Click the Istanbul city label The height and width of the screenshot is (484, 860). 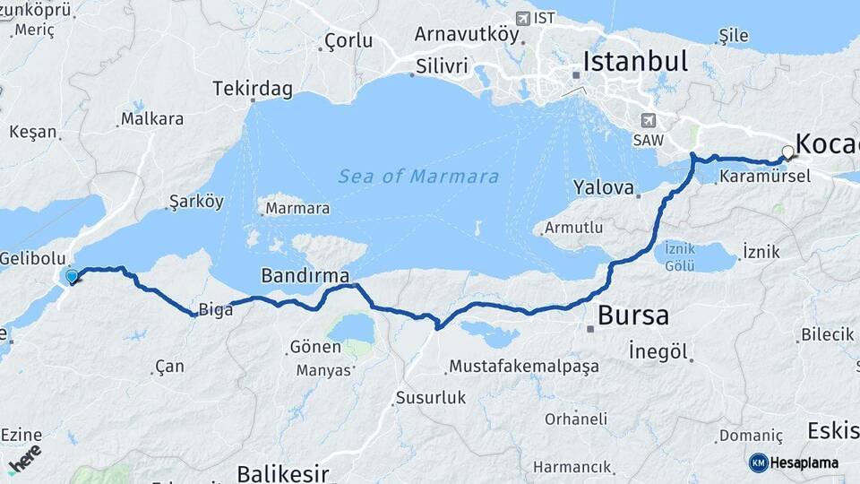coord(635,61)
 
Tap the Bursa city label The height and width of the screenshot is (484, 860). coord(632,315)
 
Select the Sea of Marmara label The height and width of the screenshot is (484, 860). coord(418,177)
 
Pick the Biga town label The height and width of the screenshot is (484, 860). coord(215,310)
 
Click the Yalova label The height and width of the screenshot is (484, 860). coord(604,188)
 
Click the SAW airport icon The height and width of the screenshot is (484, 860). coord(649,120)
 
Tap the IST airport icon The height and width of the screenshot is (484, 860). coord(523,18)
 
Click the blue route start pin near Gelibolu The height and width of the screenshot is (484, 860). coord(72,276)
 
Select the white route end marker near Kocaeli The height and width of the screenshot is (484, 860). coord(787,151)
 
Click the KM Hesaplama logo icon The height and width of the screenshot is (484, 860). coord(758,462)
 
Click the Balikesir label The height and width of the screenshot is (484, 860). coord(282,472)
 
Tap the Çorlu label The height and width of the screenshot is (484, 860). coord(348,40)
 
